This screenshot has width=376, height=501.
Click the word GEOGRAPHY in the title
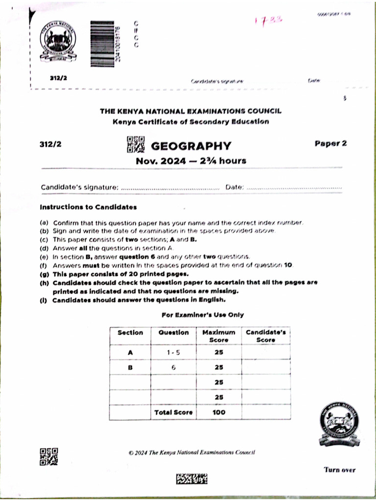pos(190,145)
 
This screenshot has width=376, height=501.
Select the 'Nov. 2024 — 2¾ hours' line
pos(191,160)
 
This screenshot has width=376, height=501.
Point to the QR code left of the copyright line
pos(48,456)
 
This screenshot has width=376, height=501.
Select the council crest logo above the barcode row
pos(58,41)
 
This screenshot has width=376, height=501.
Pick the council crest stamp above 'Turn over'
pos(339,424)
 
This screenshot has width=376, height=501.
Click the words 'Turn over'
pos(339,470)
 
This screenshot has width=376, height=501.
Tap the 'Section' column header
pos(130,333)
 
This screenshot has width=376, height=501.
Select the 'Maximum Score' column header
pos(219,336)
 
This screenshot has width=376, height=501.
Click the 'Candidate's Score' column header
pos(265,336)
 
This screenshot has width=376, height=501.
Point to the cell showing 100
pos(219,412)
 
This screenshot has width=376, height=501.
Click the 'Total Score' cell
pos(173,412)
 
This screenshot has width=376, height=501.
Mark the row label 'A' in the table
pos(130,352)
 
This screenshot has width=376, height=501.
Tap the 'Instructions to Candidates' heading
pos(88,207)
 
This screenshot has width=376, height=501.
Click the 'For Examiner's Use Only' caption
pos(202,315)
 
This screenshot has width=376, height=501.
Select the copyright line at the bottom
pos(191,453)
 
